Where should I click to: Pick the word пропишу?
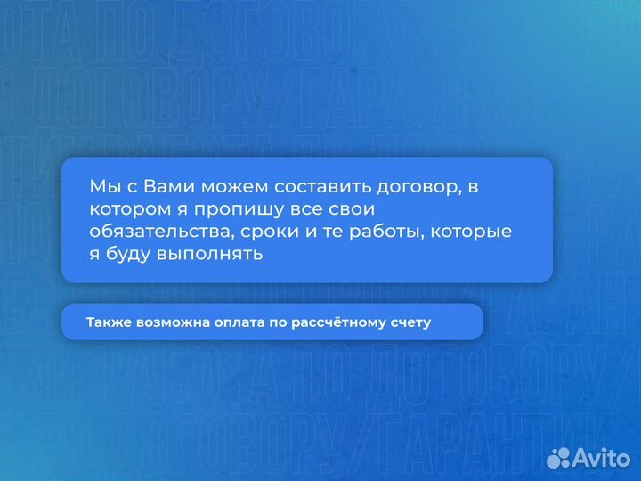(x=220, y=210)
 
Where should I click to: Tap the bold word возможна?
(x=171, y=322)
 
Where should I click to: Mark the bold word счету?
(x=411, y=322)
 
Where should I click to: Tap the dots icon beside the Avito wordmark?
(x=559, y=458)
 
